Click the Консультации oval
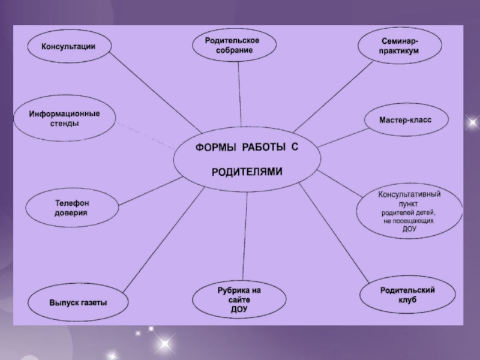pyautogui.click(x=69, y=46)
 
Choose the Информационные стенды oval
pyautogui.click(x=64, y=119)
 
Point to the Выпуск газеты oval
pyautogui.click(x=78, y=302)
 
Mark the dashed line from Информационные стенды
pyautogui.click(x=147, y=134)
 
